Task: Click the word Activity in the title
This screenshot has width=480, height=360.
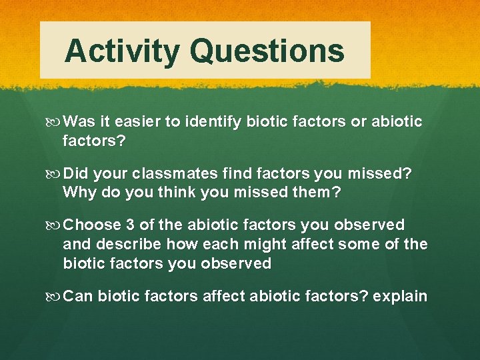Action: click(122, 51)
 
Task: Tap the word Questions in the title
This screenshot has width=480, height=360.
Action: click(267, 51)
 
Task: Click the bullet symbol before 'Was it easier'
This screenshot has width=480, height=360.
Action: click(56, 122)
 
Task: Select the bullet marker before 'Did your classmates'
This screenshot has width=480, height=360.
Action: click(56, 174)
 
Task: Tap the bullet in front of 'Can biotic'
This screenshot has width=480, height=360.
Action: click(56, 296)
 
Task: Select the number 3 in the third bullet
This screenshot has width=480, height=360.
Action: click(130, 225)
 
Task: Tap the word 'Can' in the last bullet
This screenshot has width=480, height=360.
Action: click(78, 295)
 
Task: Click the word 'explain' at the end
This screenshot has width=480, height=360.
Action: click(400, 295)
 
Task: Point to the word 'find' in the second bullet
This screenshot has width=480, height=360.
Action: click(231, 173)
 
